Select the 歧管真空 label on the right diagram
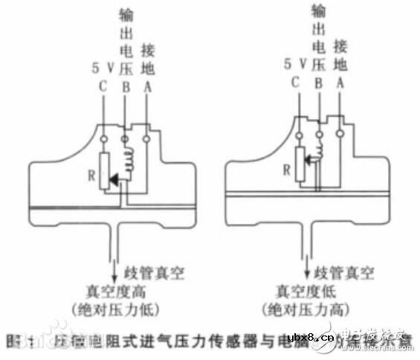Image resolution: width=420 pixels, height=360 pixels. [x=341, y=273]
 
